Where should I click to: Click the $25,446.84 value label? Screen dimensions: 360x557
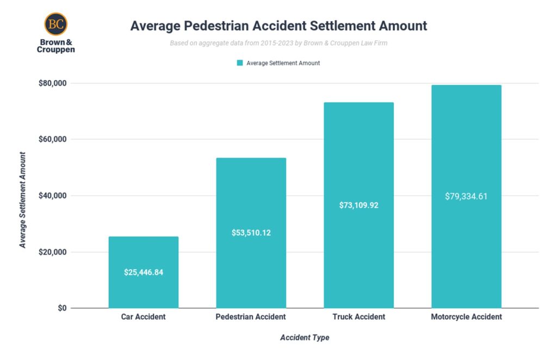[143, 272]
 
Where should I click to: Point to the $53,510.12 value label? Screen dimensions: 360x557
[251, 233]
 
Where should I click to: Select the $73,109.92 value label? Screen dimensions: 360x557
[358, 205]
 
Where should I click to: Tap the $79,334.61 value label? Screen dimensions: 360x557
[466, 196]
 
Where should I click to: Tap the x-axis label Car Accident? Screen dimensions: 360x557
[143, 317]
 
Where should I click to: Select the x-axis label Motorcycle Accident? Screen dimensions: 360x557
[466, 317]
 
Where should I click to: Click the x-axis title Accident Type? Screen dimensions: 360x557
[305, 338]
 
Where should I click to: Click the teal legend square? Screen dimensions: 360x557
[239, 63]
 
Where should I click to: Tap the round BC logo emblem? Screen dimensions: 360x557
[55, 24]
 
